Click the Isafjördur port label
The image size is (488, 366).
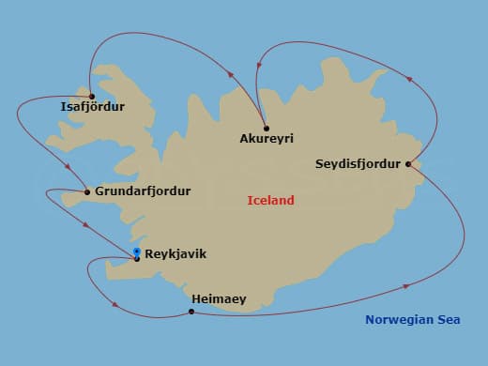(92, 107)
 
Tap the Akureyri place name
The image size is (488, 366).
(267, 139)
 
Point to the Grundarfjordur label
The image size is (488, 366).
(143, 191)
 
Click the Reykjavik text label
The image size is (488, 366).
(175, 253)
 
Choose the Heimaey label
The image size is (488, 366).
(219, 299)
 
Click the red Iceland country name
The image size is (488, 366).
(270, 200)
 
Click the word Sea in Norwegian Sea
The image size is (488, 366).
(449, 320)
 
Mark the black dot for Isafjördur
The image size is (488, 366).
(92, 96)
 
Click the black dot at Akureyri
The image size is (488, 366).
(267, 128)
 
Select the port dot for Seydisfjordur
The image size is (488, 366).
(408, 164)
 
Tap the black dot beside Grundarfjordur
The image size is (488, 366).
(87, 192)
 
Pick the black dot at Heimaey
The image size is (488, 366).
(191, 312)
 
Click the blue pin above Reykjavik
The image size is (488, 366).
(137, 252)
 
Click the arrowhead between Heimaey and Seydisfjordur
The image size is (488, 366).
(405, 284)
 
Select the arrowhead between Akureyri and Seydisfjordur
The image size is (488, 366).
(408, 78)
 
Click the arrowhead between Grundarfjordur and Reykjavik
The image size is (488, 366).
(86, 225)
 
